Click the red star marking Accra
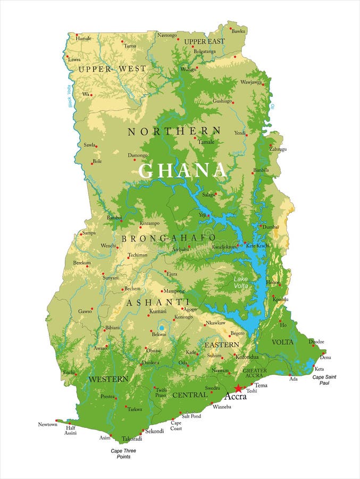pos(238,389)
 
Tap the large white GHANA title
pos(182,170)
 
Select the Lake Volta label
pos(241,282)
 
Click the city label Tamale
pos(206,142)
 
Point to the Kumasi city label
pos(157,311)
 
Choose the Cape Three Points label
pos(120,453)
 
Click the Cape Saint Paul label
pos(324,379)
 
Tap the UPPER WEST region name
pos(112,69)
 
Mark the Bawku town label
pos(238,31)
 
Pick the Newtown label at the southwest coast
pos(47,424)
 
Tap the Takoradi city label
pos(132,439)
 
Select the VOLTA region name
pos(282,342)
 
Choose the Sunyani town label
pos(111,278)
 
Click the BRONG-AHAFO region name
pos(169,238)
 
